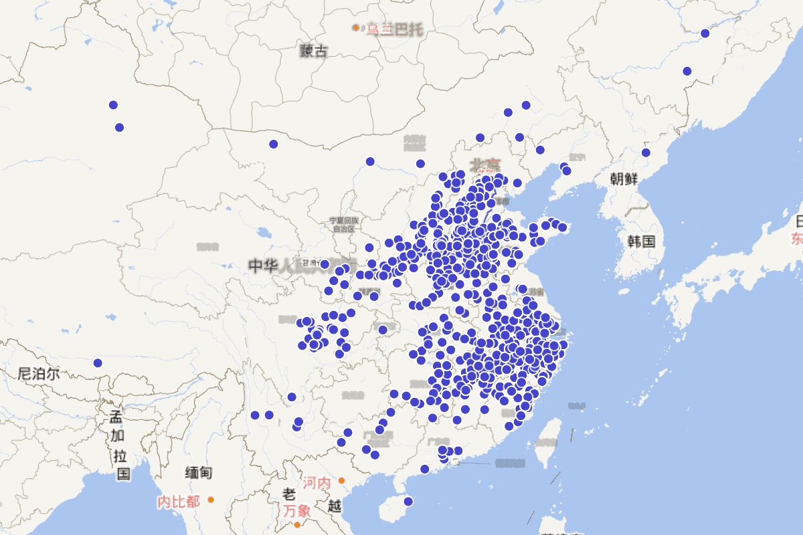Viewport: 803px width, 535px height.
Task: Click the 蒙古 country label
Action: point(314,50)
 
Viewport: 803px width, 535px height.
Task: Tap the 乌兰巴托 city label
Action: point(395,29)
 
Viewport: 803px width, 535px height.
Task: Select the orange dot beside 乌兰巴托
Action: point(356,27)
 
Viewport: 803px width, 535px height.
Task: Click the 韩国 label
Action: point(641,241)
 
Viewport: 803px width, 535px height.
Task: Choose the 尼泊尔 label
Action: point(39,374)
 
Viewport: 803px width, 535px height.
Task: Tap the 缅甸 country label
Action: point(199,473)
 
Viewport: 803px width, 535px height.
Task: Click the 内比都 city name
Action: point(178,502)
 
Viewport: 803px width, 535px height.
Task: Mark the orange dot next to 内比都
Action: point(211,500)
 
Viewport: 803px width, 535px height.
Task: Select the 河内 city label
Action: point(316,482)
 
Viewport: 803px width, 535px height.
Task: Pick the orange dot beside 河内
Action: point(341,480)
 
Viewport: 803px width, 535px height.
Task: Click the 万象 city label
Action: point(296,510)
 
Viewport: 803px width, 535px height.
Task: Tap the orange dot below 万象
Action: point(298,525)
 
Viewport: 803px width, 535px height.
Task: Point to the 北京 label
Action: point(486,164)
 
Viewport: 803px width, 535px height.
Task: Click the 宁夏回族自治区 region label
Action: point(344,224)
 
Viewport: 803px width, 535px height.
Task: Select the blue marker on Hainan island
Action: point(408,502)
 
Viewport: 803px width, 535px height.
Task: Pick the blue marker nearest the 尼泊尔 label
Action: point(98,363)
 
